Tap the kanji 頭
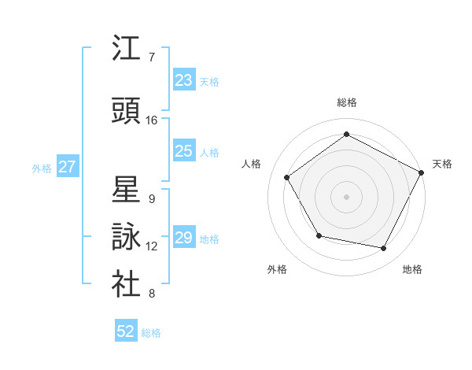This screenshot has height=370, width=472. click(x=126, y=111)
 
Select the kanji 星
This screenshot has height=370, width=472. click(x=126, y=190)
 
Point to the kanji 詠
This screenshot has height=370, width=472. click(x=126, y=237)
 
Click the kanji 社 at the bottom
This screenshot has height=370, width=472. click(x=126, y=285)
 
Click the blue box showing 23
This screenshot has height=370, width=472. click(x=184, y=80)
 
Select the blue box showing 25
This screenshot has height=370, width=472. click(x=184, y=151)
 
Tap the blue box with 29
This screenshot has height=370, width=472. click(x=184, y=238)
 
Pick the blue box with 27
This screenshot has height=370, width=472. click(x=68, y=167)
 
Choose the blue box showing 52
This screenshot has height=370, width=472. click(x=126, y=331)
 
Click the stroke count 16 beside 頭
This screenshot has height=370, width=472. click(x=152, y=120)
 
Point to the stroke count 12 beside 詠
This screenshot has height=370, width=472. click(x=152, y=246)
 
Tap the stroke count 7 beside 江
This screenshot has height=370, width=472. click(x=152, y=57)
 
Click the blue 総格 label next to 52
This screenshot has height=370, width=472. click(x=151, y=333)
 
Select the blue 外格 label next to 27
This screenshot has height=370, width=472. click(x=42, y=168)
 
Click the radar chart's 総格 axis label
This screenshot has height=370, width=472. click(x=347, y=102)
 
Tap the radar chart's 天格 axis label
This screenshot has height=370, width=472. click(x=443, y=164)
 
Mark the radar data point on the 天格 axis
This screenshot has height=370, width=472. click(x=422, y=172)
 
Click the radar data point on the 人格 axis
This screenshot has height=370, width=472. click(x=287, y=177)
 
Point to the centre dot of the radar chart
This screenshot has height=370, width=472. click(x=347, y=196)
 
